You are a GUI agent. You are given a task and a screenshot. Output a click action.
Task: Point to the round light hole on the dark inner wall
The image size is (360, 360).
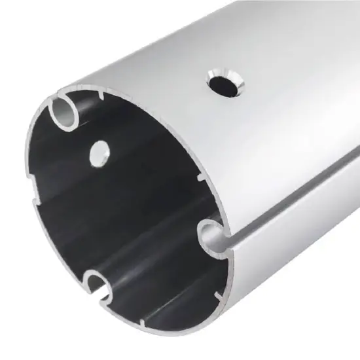coord(99,152)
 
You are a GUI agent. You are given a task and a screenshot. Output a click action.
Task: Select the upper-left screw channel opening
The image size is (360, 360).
coord(63,113)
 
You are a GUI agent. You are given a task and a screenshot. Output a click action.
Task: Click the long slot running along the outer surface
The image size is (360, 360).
coord(295,203)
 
